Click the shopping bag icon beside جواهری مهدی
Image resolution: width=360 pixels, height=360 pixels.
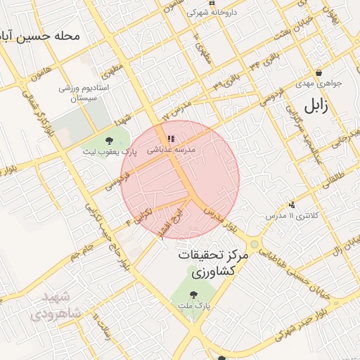(x=319, y=72)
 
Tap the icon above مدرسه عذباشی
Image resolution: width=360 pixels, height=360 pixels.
(x=171, y=139)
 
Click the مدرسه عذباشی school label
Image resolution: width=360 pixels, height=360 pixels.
(x=170, y=150)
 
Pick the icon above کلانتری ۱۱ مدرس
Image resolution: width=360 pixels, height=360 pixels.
(x=292, y=205)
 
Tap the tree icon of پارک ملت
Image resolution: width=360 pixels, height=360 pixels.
(x=194, y=295)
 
